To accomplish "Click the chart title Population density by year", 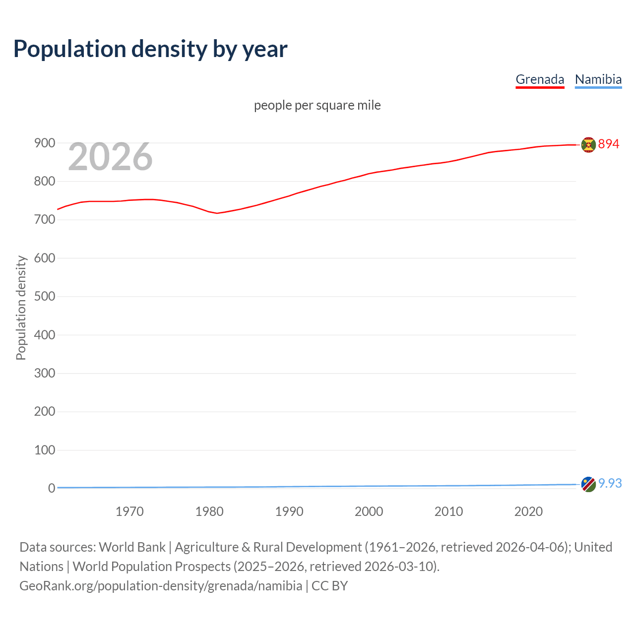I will point(150,49).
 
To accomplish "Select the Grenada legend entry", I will point(540,79).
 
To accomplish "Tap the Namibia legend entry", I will point(598,79).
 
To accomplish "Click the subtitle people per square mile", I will point(317,106).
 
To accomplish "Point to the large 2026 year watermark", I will point(110,157).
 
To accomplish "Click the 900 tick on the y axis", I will point(44,143).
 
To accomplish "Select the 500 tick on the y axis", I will point(44,296).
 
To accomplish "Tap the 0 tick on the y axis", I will point(51,488).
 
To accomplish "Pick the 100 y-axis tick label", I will point(44,450).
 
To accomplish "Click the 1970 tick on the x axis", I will point(129,511).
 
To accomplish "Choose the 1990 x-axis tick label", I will point(289,511).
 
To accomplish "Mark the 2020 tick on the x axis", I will point(528,511).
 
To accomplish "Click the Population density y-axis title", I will point(21,308).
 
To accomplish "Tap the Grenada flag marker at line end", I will point(588,145).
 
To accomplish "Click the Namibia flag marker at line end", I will point(588,484).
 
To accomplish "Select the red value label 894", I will point(609,144).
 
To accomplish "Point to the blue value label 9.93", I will point(610,483).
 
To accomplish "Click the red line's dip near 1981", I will point(217,213).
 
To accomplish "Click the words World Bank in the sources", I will point(132,547).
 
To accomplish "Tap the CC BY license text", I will point(329,586).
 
